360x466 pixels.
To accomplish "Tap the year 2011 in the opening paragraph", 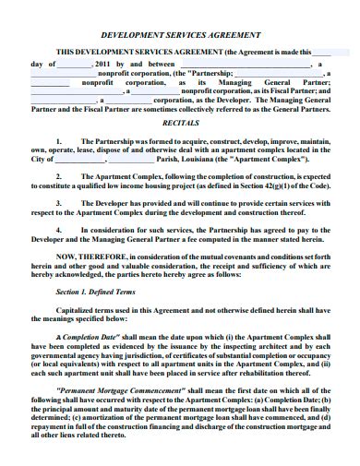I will point(102,64).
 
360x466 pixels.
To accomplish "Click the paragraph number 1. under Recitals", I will point(58,135).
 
